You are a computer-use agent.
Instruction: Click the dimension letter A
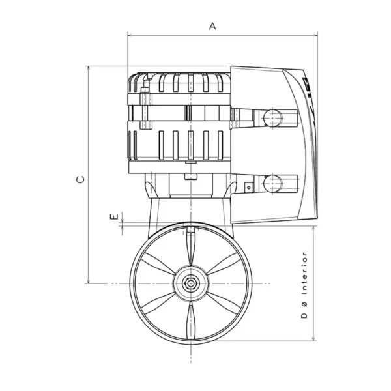(212, 25)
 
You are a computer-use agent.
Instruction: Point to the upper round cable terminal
(272, 117)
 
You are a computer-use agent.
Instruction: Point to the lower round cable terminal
(272, 183)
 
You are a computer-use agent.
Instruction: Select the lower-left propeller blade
(159, 301)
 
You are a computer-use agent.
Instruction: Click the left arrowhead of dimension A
(130, 35)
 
